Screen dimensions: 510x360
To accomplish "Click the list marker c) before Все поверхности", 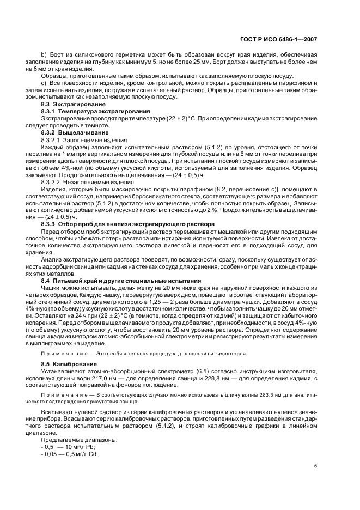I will coord(44,83).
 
